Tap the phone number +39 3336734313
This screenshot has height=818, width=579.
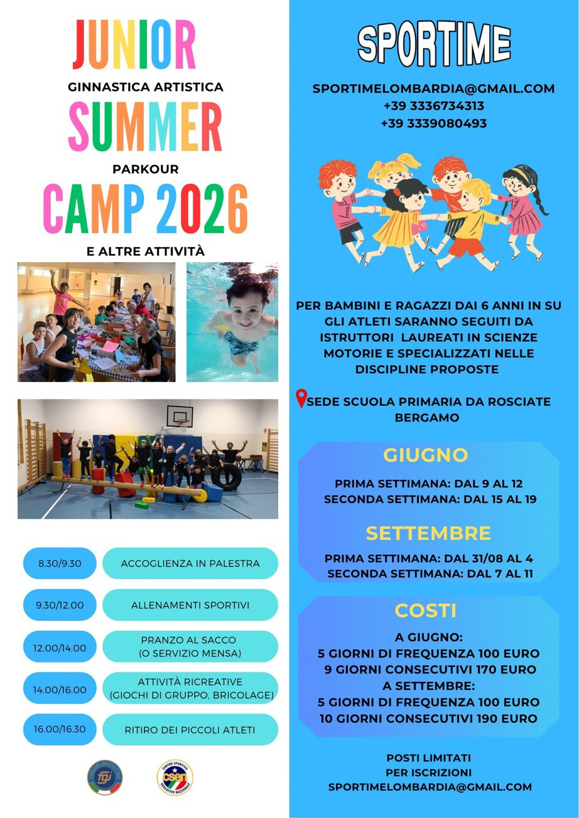click(x=434, y=106)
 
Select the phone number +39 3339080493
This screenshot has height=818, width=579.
click(x=434, y=124)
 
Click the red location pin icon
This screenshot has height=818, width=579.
click(x=301, y=398)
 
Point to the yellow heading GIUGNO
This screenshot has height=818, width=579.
click(x=426, y=455)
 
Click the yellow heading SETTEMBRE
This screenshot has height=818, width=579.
click(x=428, y=534)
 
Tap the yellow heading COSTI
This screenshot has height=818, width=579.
click(x=426, y=610)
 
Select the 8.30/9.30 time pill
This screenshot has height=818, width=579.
click(x=60, y=563)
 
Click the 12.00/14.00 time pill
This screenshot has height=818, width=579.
click(x=60, y=648)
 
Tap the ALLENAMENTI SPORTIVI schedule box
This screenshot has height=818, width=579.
click(x=190, y=605)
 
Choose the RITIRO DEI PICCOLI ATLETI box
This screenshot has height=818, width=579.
click(x=190, y=730)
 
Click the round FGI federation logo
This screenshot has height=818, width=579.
click(x=105, y=777)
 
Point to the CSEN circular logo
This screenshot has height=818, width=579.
click(x=175, y=777)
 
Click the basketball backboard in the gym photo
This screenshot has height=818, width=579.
click(x=180, y=416)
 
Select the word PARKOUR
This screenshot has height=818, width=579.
click(x=146, y=169)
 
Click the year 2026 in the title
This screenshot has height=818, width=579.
click(x=202, y=209)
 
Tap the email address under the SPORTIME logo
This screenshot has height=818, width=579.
click(x=433, y=88)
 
